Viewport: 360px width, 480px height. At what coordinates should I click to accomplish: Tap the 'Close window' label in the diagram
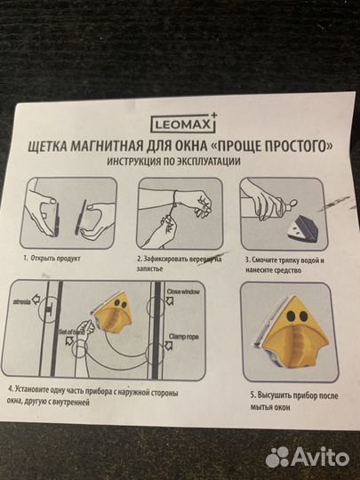[x=186, y=292]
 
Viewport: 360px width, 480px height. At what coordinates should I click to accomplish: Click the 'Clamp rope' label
[x=186, y=341]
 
